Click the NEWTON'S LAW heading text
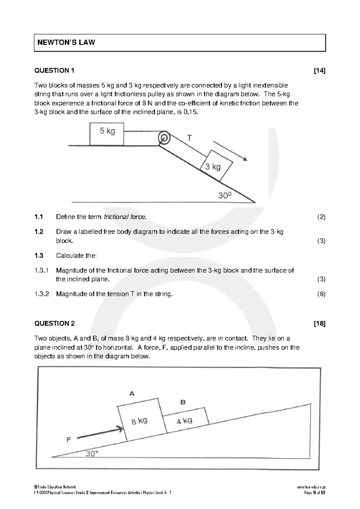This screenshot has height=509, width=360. [66, 42]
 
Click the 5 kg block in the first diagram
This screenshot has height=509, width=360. [107, 134]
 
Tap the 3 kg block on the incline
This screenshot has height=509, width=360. [216, 166]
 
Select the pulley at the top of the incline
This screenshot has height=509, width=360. [164, 138]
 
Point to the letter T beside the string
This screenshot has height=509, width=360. [190, 138]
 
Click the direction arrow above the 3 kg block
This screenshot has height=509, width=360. [230, 151]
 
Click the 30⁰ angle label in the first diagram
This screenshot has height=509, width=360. [225, 196]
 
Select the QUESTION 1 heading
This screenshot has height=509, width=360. [54, 71]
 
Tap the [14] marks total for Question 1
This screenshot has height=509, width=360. [319, 71]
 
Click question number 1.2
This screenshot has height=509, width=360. [39, 232]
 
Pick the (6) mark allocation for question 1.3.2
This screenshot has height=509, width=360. [321, 294]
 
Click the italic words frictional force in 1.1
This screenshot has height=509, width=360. [125, 217]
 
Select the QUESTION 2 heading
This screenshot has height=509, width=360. [55, 324]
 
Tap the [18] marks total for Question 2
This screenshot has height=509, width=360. [319, 324]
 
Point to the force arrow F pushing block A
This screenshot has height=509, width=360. [100, 433]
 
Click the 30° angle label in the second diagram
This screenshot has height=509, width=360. [92, 454]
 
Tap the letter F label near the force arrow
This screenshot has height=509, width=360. [69, 440]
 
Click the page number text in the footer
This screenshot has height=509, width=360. [315, 493]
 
